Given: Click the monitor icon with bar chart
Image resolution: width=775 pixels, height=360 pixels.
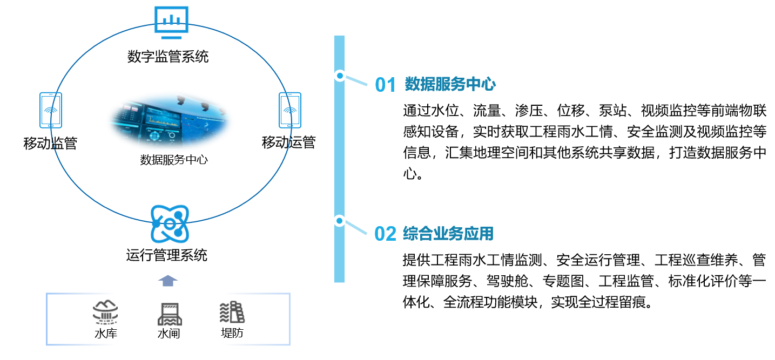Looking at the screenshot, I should click(171, 20).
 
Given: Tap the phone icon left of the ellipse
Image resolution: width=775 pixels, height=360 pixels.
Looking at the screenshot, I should click(51, 110).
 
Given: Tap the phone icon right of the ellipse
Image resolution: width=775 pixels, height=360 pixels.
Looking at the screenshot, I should click(290, 110).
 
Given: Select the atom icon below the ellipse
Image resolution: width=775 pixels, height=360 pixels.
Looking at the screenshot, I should click(170, 223).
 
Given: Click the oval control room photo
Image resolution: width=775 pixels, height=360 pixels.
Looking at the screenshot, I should click(170, 121).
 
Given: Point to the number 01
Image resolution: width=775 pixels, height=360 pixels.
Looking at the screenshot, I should click(386, 85).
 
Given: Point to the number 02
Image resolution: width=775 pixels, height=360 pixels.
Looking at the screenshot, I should click(385, 234).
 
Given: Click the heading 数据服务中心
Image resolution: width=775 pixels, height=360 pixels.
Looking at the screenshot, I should click(450, 84).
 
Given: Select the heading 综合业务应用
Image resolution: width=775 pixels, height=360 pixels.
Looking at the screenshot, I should click(448, 234).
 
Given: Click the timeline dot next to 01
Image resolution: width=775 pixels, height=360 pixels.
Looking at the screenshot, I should click(340, 76).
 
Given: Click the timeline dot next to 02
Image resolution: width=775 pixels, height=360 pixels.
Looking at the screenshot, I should click(339, 221).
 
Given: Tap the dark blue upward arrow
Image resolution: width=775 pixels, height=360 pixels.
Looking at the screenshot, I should click(168, 281).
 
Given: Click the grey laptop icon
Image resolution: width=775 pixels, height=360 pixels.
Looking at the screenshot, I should click(170, 314).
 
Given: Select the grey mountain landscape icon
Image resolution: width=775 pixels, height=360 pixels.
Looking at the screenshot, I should click(105, 312).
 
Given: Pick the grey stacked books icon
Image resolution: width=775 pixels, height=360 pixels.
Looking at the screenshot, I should click(233, 312).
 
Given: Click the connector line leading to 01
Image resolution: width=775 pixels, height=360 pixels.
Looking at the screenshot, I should click(356, 81).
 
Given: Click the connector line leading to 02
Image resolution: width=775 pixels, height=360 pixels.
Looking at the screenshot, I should click(356, 227).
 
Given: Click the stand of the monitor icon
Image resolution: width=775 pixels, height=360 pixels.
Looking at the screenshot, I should click(171, 37).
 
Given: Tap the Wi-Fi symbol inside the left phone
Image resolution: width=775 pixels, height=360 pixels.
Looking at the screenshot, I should click(51, 111).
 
